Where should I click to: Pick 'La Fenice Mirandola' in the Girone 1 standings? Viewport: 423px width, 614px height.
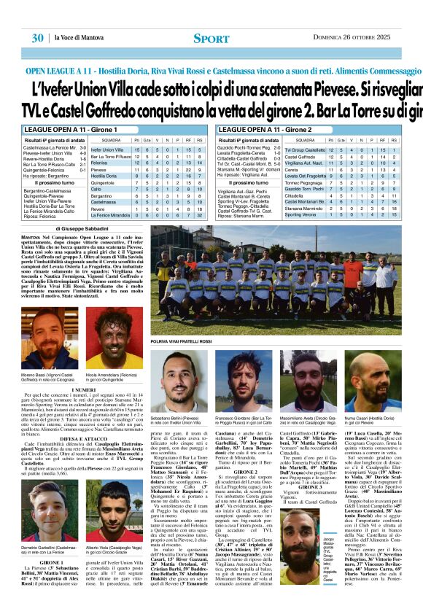point(109,215)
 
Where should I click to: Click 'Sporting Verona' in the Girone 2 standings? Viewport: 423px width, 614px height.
point(300,215)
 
